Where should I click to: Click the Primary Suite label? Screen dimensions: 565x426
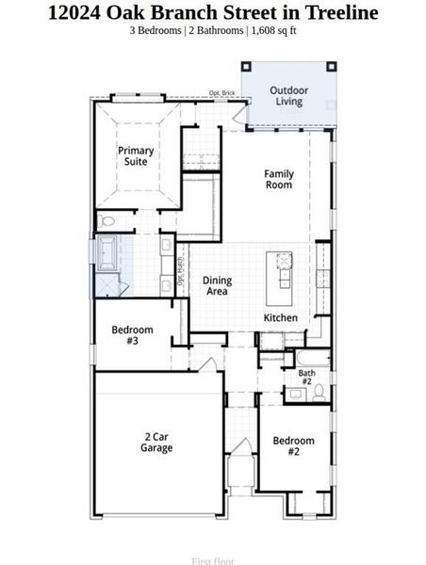tap(136, 156)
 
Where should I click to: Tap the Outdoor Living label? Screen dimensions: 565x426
tap(288, 96)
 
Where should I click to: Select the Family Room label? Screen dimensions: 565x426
tap(278, 179)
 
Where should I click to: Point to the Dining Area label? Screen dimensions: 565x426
tap(218, 286)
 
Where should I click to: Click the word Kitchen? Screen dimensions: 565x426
tap(281, 318)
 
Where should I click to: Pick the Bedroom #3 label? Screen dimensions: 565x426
tap(131, 335)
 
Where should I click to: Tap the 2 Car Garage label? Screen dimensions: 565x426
tap(157, 443)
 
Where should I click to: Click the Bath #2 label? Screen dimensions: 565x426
tap(307, 377)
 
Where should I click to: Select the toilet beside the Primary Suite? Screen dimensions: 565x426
tap(106, 222)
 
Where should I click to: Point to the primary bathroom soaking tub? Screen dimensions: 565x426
tap(105, 253)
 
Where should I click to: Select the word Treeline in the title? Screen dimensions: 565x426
tap(340, 12)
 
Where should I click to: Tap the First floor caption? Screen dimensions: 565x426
tap(213, 561)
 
